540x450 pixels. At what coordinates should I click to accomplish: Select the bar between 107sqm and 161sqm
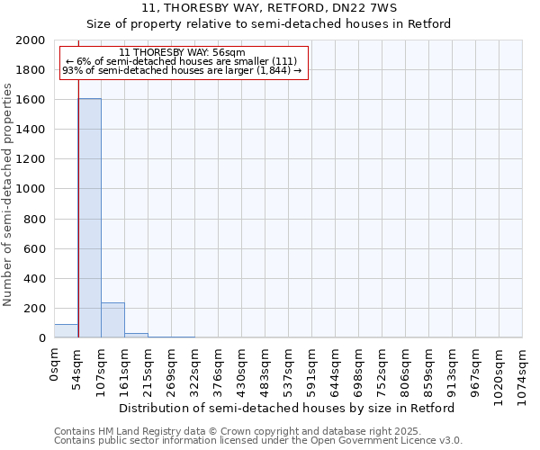112,320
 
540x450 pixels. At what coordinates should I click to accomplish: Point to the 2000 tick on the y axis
31,40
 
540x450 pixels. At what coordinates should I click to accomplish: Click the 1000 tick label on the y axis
31,190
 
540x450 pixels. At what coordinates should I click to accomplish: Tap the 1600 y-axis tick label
31,100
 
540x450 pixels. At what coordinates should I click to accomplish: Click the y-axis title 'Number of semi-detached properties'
8,194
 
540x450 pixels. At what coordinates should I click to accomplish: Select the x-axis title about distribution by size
287,408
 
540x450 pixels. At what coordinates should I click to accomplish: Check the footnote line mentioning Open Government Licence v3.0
258,441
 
